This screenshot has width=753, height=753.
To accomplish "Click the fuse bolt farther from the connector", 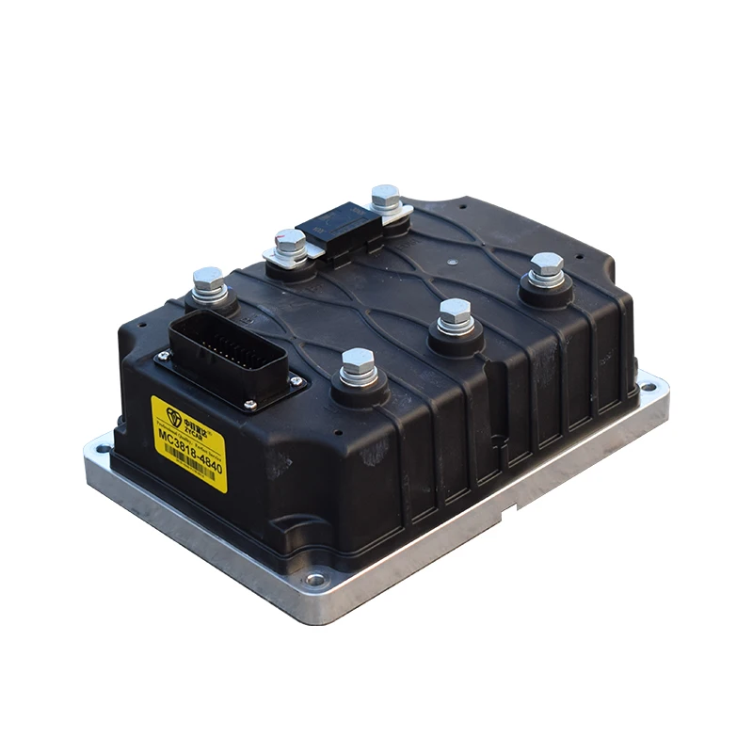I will click(385, 200).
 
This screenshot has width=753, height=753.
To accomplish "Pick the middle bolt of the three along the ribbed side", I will click(455, 317).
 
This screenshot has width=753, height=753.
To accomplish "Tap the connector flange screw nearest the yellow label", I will click(251, 405).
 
